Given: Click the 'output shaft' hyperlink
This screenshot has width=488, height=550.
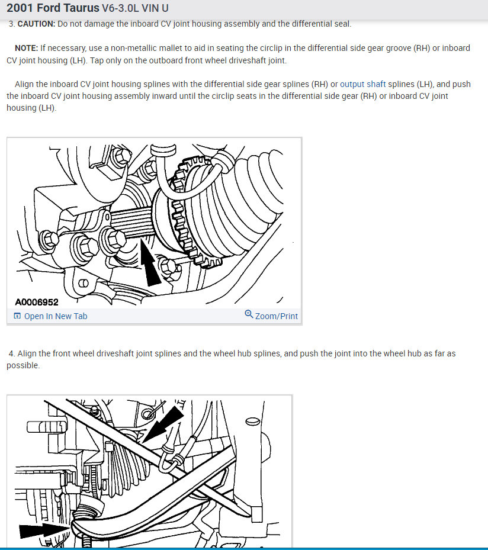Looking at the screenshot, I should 362,84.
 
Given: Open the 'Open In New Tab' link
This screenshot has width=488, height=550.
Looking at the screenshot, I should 55,316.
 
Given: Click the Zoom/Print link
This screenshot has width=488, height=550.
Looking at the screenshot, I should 276,316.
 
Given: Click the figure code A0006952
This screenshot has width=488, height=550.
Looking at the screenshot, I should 37,302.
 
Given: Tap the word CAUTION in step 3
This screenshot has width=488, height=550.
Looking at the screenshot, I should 36,24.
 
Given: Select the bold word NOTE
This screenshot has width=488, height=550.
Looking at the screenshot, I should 26,48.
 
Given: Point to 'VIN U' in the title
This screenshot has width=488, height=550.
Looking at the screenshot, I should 153,9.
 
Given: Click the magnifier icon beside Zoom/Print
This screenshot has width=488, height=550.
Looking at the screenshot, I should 249,314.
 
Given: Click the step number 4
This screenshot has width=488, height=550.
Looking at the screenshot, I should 11,353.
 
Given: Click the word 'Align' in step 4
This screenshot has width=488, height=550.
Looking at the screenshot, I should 27,353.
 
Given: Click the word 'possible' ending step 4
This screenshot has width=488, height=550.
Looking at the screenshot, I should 23,365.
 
